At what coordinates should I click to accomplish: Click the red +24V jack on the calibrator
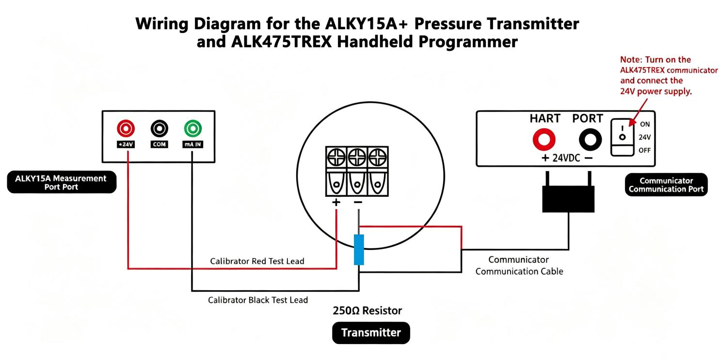point(126,128)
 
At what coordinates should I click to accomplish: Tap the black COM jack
point(160,128)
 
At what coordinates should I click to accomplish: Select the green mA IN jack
point(193,128)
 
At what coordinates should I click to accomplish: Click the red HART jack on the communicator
point(544,140)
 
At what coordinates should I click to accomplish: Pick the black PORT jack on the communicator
point(590,140)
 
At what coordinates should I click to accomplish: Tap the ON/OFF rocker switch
point(622,137)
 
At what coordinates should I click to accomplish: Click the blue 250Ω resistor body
point(359,250)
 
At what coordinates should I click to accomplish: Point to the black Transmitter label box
point(371,333)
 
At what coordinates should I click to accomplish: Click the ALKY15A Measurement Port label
point(62,182)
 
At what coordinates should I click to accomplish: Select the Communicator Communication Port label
point(666,185)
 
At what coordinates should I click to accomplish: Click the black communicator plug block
point(568,199)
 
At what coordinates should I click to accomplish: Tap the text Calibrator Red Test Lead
point(257,261)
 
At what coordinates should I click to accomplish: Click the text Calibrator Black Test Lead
point(258,300)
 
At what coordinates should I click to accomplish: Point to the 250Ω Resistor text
point(367,311)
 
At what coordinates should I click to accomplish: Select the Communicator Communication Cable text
point(519,265)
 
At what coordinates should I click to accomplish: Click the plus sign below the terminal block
point(336,202)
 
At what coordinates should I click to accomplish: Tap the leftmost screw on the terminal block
point(336,157)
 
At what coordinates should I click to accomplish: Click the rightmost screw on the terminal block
point(378,157)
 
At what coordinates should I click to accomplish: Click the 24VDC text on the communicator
point(566,158)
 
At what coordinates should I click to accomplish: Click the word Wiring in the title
point(161,24)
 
